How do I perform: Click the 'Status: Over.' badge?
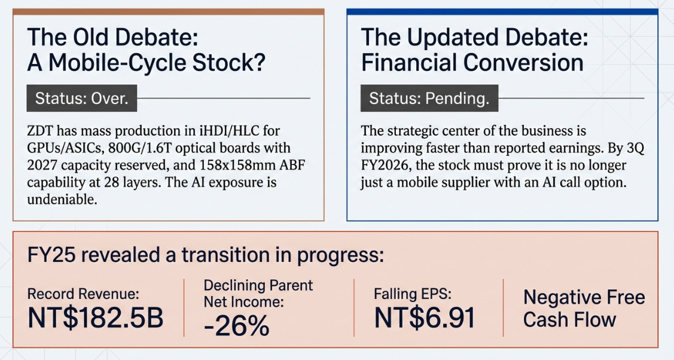82,99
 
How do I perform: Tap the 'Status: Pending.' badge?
429,99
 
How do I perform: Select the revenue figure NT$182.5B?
96,318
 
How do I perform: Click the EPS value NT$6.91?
425,318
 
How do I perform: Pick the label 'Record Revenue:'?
83,294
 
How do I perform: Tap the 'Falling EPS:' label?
413,294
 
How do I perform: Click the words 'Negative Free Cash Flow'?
584,309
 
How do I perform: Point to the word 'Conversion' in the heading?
523,63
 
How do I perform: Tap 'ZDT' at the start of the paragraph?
40,130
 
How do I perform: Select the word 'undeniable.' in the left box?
62,199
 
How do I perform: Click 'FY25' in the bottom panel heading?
51,255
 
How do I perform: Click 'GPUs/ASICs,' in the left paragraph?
65,148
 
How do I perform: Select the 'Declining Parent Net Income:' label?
258,294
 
